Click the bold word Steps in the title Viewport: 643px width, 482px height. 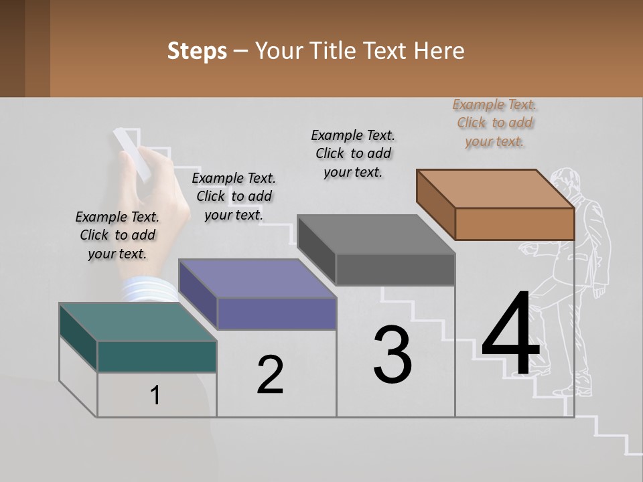197,51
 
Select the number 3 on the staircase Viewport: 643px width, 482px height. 392,355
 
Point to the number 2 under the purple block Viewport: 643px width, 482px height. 271,375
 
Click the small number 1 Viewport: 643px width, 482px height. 155,396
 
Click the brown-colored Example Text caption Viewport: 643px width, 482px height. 495,123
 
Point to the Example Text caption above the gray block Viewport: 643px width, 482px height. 353,153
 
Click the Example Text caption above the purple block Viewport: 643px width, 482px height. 234,196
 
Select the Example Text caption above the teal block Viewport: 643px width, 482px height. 117,235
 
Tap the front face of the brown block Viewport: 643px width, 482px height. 514,224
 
